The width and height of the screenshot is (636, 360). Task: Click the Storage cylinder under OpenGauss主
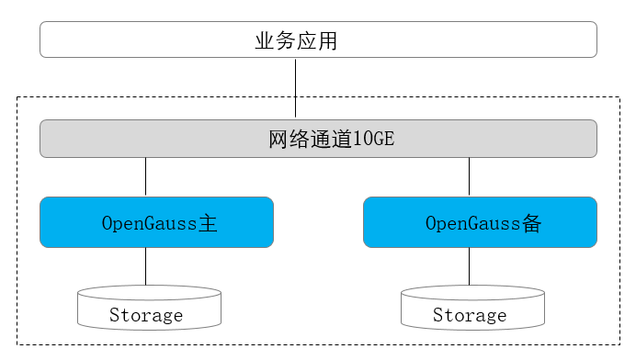click(x=149, y=308)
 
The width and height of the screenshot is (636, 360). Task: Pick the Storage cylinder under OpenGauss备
click(x=472, y=308)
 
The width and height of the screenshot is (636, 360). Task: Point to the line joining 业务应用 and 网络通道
click(x=295, y=88)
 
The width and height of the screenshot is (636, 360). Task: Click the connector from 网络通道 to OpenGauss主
click(x=145, y=176)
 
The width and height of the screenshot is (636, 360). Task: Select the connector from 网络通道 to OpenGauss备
click(x=470, y=176)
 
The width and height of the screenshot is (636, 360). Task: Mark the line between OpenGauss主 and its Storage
click(x=145, y=266)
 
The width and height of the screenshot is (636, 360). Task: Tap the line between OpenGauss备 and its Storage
click(x=470, y=266)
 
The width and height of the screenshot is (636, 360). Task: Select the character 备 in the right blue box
click(x=531, y=223)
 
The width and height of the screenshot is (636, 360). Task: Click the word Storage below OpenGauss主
click(x=146, y=316)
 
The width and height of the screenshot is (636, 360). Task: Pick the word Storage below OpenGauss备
click(x=470, y=316)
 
